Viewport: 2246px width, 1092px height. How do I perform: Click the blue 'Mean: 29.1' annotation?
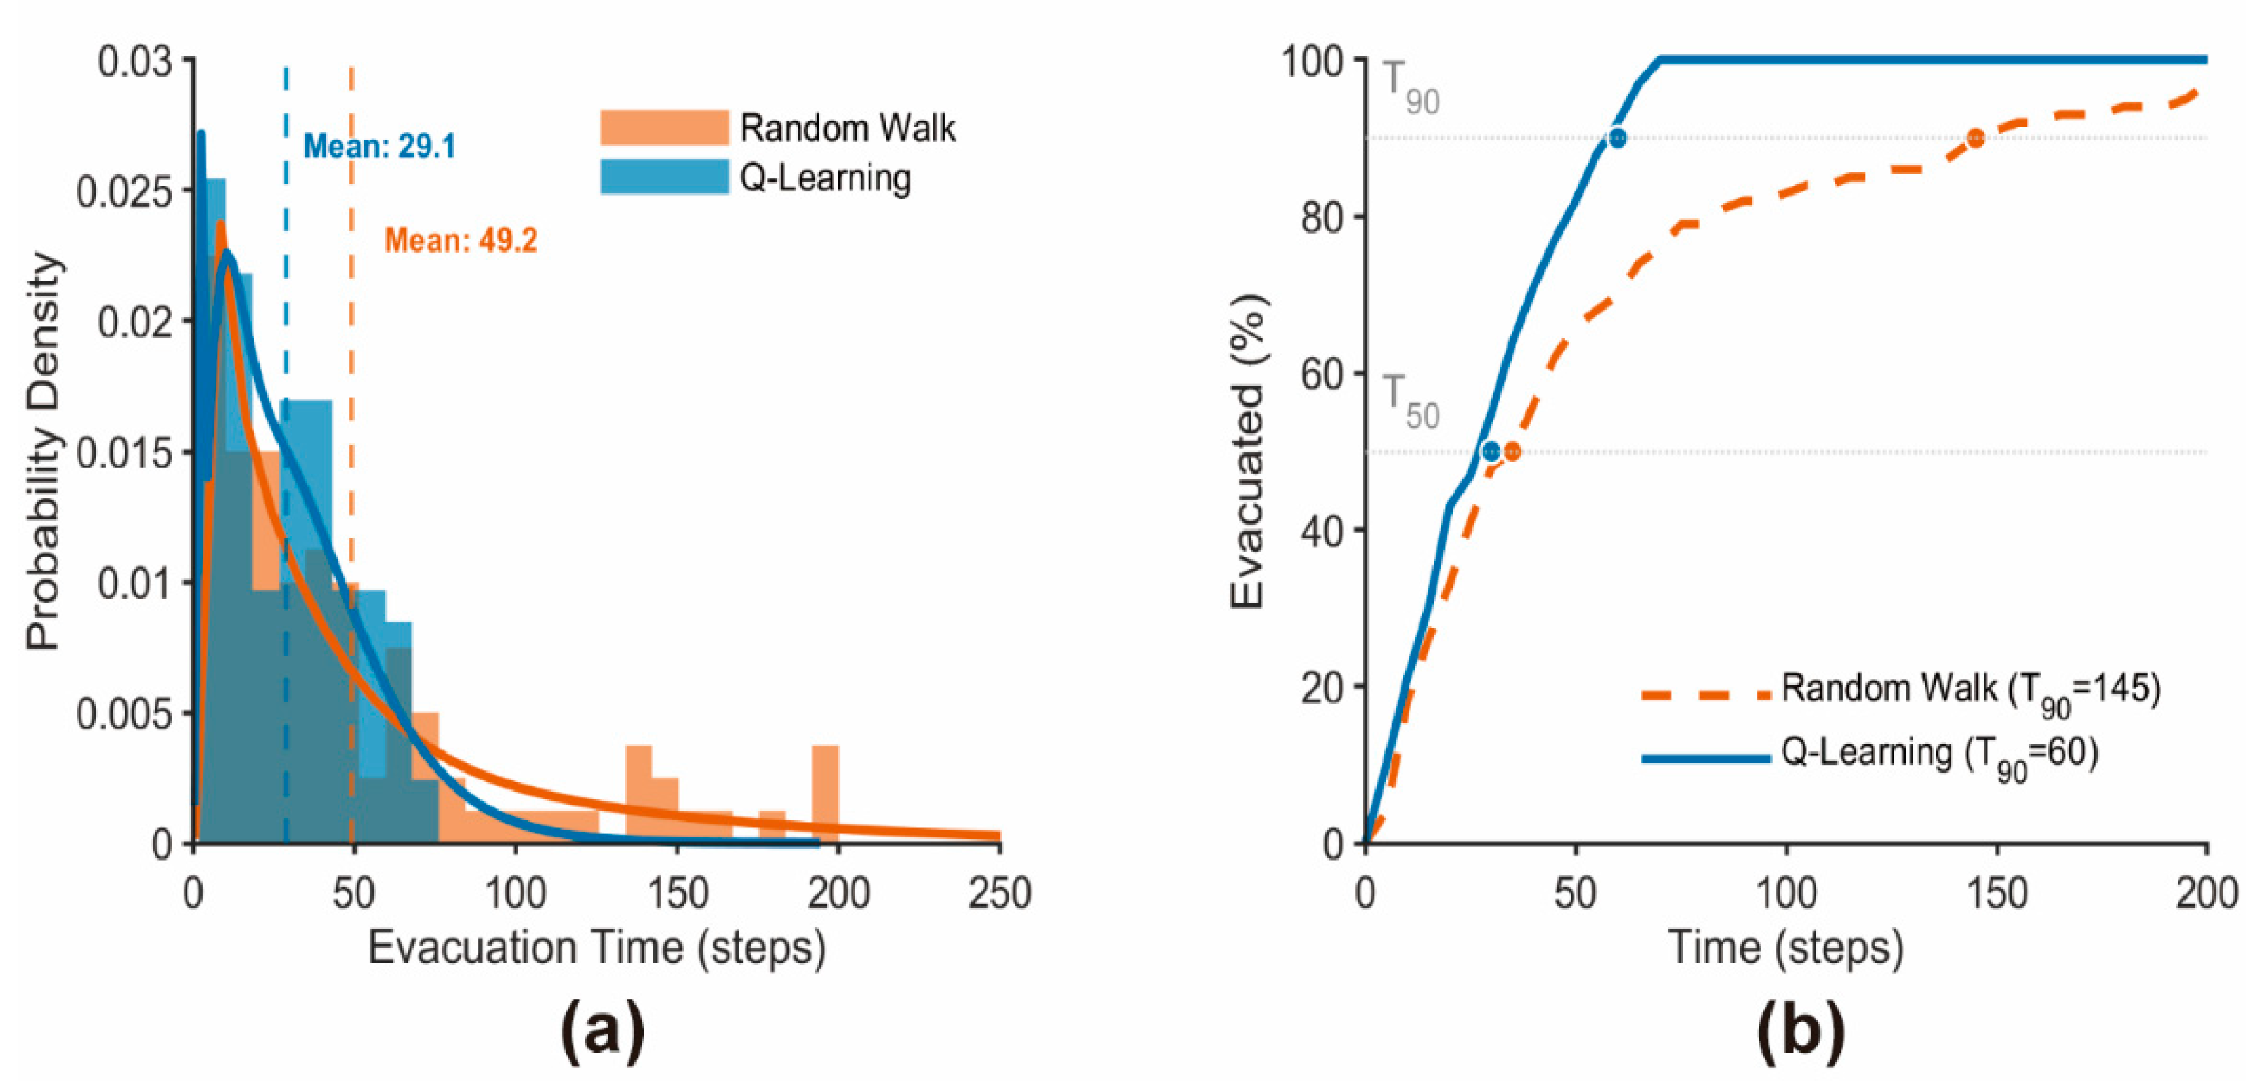tap(379, 146)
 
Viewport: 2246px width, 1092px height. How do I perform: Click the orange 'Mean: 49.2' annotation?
tap(461, 240)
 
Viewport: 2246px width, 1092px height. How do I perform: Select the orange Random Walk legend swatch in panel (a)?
tap(665, 127)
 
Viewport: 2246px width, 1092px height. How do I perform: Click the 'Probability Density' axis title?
tap(43, 451)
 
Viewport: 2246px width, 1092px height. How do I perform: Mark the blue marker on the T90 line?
tap(1617, 138)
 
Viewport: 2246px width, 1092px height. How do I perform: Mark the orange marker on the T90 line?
tap(1976, 138)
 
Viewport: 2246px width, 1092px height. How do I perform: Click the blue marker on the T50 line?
tap(1492, 452)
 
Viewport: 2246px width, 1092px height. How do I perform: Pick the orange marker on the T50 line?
tap(1513, 452)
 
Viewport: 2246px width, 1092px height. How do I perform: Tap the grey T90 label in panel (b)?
tap(1411, 88)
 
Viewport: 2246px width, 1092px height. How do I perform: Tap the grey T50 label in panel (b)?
tap(1411, 402)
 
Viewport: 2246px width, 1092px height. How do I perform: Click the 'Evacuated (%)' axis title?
tap(1247, 452)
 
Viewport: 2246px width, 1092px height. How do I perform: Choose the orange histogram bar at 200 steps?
tap(825, 794)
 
